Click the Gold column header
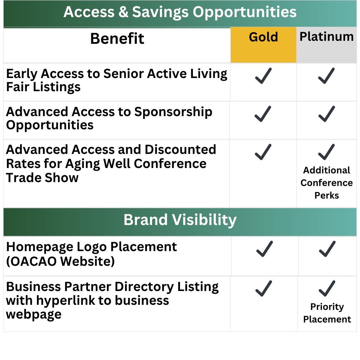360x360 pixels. tap(263, 37)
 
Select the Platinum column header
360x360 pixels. tap(327, 37)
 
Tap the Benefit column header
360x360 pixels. tap(117, 38)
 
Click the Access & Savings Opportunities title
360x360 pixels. tap(180, 12)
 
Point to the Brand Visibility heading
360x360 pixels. tap(180, 220)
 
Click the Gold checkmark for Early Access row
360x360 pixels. tap(263, 76)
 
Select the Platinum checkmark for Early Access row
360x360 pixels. tap(326, 76)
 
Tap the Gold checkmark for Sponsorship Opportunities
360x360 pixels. tap(263, 114)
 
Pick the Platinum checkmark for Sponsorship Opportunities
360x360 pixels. tap(327, 114)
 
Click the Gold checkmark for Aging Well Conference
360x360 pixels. tap(263, 152)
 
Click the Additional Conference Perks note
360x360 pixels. tap(327, 183)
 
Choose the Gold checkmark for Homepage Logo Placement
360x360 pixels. tap(265, 249)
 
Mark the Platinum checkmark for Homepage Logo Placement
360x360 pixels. tap(327, 249)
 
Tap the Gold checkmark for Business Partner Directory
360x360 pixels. tap(264, 288)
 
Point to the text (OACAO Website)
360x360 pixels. tap(60, 261)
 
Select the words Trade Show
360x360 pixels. tap(42, 178)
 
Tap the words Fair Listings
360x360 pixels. tap(43, 87)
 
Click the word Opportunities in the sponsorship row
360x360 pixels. tap(50, 125)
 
